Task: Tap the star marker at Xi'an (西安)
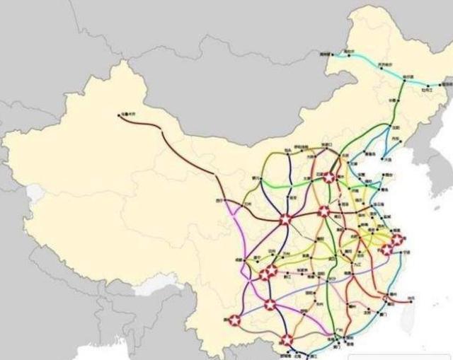285,220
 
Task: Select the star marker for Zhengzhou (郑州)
323,211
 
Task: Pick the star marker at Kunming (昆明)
234,320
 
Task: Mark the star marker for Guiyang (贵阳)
270,305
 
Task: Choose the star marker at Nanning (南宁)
287,340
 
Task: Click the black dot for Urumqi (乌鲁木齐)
120,115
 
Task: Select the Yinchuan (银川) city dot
258,179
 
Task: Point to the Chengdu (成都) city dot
244,260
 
